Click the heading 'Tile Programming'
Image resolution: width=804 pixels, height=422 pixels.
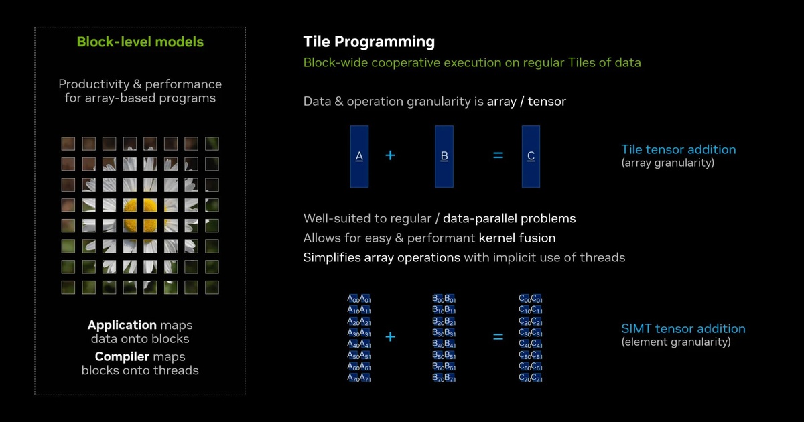368,42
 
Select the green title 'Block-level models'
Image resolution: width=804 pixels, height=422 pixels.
140,42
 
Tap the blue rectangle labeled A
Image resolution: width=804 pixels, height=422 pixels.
359,155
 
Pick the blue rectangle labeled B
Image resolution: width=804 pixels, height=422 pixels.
444,155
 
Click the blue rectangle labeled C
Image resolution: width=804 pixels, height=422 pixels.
531,155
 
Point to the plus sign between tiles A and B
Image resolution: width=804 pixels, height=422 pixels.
390,155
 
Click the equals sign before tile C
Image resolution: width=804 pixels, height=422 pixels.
498,155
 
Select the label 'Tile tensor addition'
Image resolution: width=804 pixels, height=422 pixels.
678,149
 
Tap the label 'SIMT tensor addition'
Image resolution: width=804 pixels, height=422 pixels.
683,328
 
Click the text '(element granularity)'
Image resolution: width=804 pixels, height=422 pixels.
675,342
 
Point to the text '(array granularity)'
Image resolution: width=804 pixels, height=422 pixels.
667,162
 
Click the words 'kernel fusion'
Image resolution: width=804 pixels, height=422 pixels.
517,238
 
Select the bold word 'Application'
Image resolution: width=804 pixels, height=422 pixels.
122,325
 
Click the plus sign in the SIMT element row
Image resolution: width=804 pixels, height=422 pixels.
390,336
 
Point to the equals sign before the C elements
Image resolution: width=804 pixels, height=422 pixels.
498,336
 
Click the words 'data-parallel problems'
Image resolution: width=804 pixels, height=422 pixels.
509,218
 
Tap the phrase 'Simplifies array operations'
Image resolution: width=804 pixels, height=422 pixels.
381,257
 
